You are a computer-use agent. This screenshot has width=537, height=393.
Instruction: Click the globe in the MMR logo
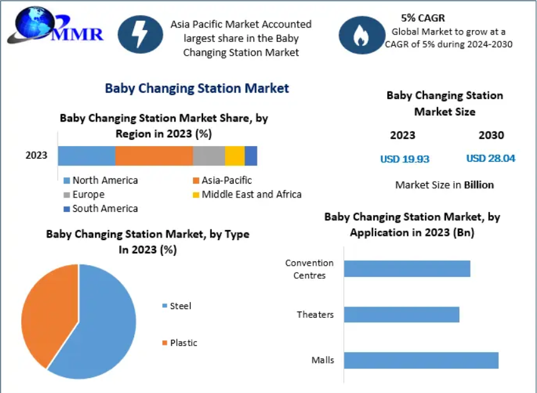point(34,23)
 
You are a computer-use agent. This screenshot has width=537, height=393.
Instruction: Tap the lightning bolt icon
point(140,34)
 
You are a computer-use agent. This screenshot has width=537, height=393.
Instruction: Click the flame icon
point(362,35)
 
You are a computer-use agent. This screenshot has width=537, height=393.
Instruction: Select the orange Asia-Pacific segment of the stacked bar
point(154,156)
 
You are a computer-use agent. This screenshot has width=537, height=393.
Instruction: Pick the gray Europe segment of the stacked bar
point(209,156)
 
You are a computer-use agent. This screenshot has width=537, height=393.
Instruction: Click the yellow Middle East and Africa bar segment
point(234,156)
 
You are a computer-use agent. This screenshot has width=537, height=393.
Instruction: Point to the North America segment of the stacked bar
point(86,156)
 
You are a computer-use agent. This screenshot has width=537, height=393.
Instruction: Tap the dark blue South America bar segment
point(251,156)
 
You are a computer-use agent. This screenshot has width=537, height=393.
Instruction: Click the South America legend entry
point(101,208)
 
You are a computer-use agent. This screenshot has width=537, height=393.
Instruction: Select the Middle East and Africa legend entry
point(248,194)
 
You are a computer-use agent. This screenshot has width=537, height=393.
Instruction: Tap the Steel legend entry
point(177,306)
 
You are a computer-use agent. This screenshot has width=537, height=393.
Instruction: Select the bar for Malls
point(421,360)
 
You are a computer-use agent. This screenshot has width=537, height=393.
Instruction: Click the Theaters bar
point(402,314)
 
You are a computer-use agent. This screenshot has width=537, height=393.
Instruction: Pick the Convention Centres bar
point(407,269)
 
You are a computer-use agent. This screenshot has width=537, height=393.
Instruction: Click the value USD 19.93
point(405,159)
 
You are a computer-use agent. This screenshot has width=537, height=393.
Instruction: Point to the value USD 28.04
point(491,159)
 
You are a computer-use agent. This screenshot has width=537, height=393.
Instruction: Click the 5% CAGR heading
point(423,18)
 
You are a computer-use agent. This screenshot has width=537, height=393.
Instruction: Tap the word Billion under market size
point(479,185)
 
